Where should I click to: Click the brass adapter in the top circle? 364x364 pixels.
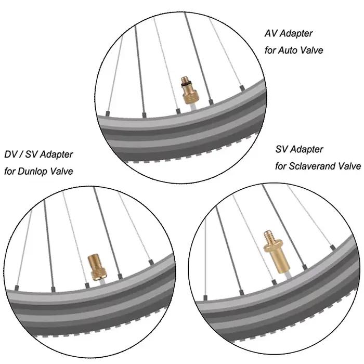(x=189, y=90)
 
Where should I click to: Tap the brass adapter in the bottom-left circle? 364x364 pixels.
(x=97, y=267)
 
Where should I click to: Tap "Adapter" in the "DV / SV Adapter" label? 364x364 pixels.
(x=56, y=155)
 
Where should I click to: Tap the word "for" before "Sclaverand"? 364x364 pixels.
(x=281, y=166)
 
